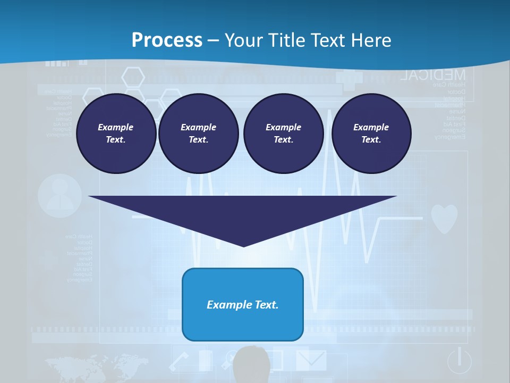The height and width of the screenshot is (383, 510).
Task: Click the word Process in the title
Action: (167, 40)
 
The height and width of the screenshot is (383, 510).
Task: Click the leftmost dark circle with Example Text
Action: (116, 134)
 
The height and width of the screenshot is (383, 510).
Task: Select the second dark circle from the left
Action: (198, 134)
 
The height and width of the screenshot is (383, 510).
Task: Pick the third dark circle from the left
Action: (283, 134)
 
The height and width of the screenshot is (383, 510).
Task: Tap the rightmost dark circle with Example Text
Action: (371, 134)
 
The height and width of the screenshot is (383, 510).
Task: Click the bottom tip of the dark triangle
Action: (243, 245)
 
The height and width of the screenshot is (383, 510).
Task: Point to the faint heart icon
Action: (444, 218)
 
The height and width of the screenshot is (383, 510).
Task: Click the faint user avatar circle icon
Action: (60, 195)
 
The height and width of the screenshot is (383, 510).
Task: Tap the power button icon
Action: (459, 361)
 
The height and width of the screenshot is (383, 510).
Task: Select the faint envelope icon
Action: (311, 359)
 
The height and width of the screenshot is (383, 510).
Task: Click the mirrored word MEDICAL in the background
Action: (433, 75)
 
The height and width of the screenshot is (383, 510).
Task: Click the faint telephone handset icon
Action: (179, 362)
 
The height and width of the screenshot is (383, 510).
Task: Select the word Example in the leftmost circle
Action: (116, 127)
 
